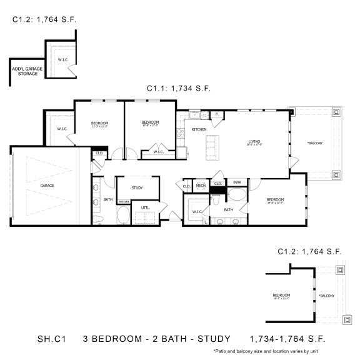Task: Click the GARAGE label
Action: coord(47,186)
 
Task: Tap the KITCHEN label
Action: coord(199,129)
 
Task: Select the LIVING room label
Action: coord(254,141)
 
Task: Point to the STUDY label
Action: coord(137,187)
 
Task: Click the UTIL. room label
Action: coord(145,207)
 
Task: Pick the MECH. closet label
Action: coord(201,186)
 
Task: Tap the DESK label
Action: coord(237,182)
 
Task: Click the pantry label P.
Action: coord(216,114)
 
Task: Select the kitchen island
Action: coord(211,146)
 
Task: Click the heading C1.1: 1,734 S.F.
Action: coord(179,89)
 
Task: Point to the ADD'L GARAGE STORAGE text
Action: coord(24,71)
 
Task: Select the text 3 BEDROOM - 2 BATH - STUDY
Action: coord(156,338)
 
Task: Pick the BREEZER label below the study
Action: coord(124,202)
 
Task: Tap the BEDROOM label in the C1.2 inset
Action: coord(281,295)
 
